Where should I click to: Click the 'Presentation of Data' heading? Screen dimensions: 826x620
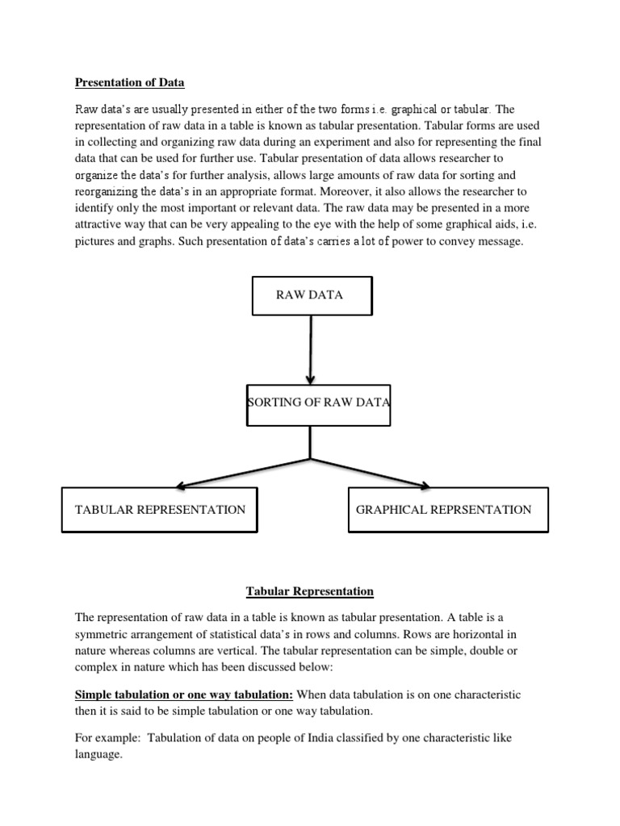[129, 81]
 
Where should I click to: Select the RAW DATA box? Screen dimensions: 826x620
[312, 295]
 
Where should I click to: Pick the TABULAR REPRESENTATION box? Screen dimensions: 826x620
[160, 510]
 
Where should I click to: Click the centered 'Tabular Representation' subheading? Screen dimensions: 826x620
[310, 591]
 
